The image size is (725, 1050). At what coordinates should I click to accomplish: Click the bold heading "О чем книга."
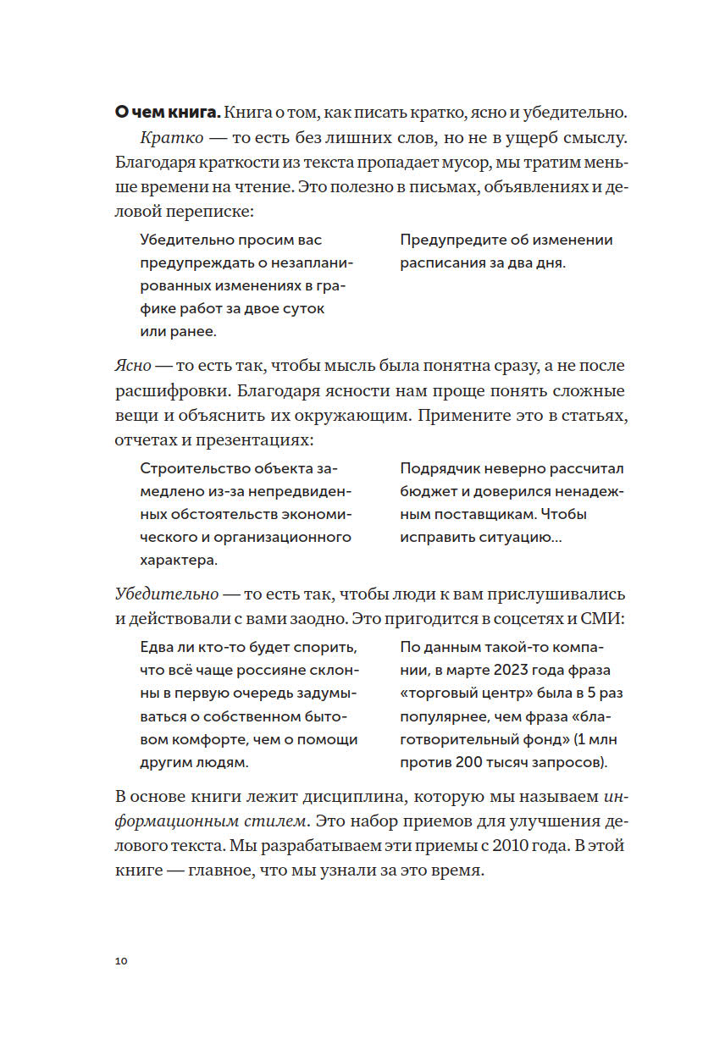coord(167,112)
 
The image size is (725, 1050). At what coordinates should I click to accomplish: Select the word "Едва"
coord(157,648)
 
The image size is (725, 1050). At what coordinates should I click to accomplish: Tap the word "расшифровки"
coord(173,391)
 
